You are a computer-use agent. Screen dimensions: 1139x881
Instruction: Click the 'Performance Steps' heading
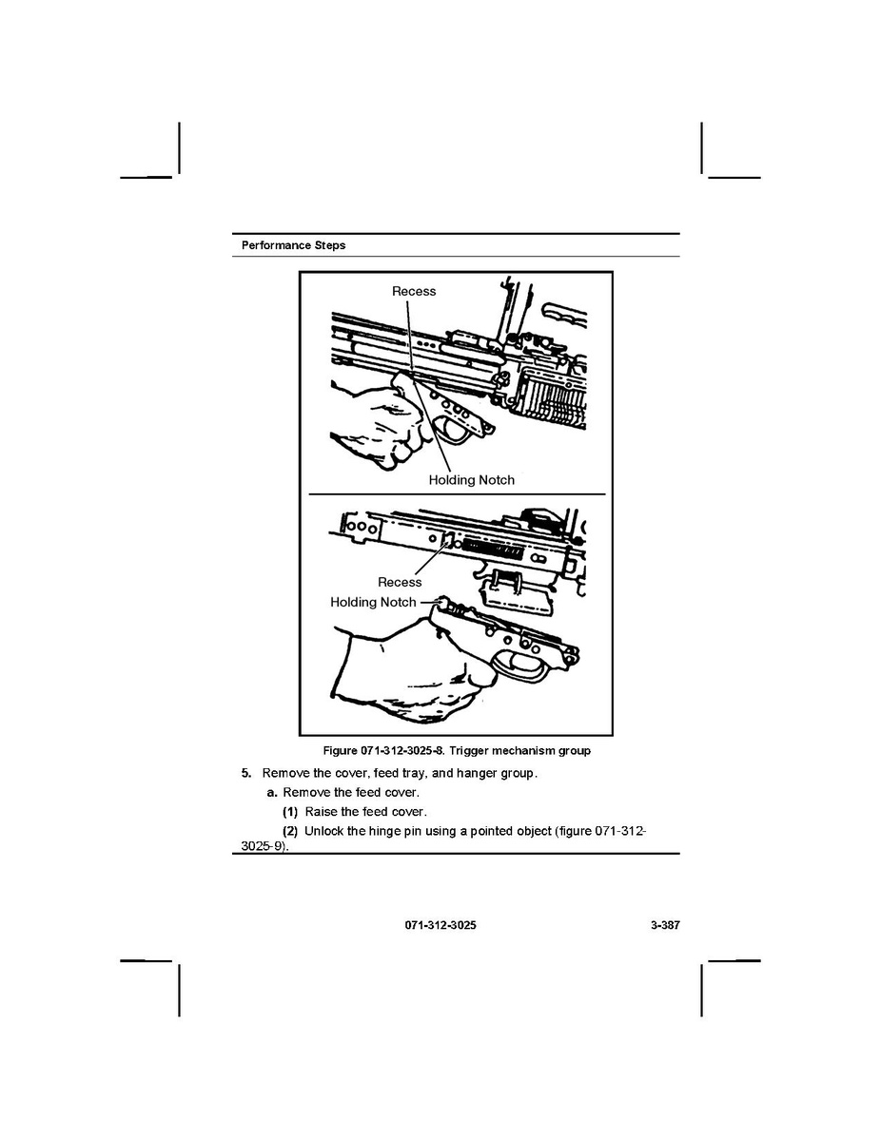coord(293,245)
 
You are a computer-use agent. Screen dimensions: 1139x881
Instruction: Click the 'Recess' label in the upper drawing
coord(414,291)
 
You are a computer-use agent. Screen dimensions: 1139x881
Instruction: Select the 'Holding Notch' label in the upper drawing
coord(471,480)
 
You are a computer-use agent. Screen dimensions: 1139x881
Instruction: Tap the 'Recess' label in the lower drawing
coord(400,582)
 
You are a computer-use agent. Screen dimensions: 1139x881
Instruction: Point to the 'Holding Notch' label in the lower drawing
coord(373,602)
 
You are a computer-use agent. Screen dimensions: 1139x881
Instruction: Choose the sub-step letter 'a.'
coord(272,792)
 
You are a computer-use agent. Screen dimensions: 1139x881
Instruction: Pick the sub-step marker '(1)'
coord(290,812)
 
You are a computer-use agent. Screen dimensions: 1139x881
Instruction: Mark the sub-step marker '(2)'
coord(290,832)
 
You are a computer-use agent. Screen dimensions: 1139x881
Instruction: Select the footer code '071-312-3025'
coord(440,925)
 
